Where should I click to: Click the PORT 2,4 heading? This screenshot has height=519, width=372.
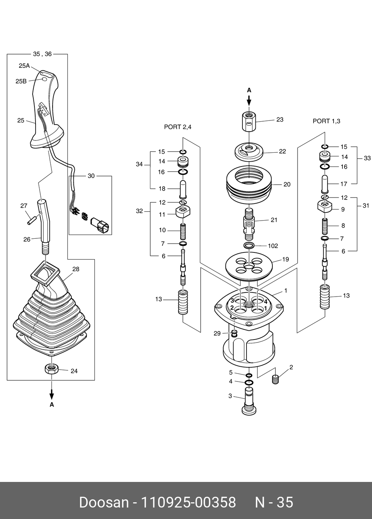(178, 127)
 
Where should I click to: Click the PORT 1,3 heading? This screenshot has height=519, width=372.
(326, 121)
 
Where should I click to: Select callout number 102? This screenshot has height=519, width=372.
(273, 246)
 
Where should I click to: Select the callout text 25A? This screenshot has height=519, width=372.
(24, 66)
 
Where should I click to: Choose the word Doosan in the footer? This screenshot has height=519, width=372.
(104, 503)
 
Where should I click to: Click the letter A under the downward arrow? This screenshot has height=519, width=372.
(52, 404)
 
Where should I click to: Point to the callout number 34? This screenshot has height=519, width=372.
(139, 164)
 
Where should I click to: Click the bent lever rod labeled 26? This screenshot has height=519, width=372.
(45, 226)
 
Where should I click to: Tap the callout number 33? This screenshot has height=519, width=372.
(367, 158)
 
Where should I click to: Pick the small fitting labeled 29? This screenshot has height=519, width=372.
(234, 333)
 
